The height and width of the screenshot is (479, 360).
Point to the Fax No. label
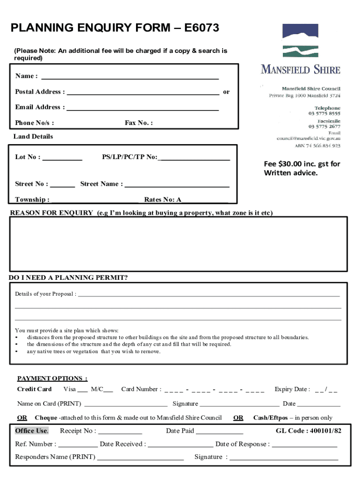click(x=138, y=123)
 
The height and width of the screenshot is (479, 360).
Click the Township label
click(x=32, y=200)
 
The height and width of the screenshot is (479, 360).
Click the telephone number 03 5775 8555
click(x=324, y=114)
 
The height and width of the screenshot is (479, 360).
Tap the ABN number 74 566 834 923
click(x=323, y=145)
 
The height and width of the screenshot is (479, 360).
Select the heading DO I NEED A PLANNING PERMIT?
click(x=68, y=278)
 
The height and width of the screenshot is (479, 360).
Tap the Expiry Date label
click(x=292, y=389)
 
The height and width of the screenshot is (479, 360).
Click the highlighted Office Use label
click(x=31, y=431)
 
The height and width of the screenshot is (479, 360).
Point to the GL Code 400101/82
click(x=308, y=431)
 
